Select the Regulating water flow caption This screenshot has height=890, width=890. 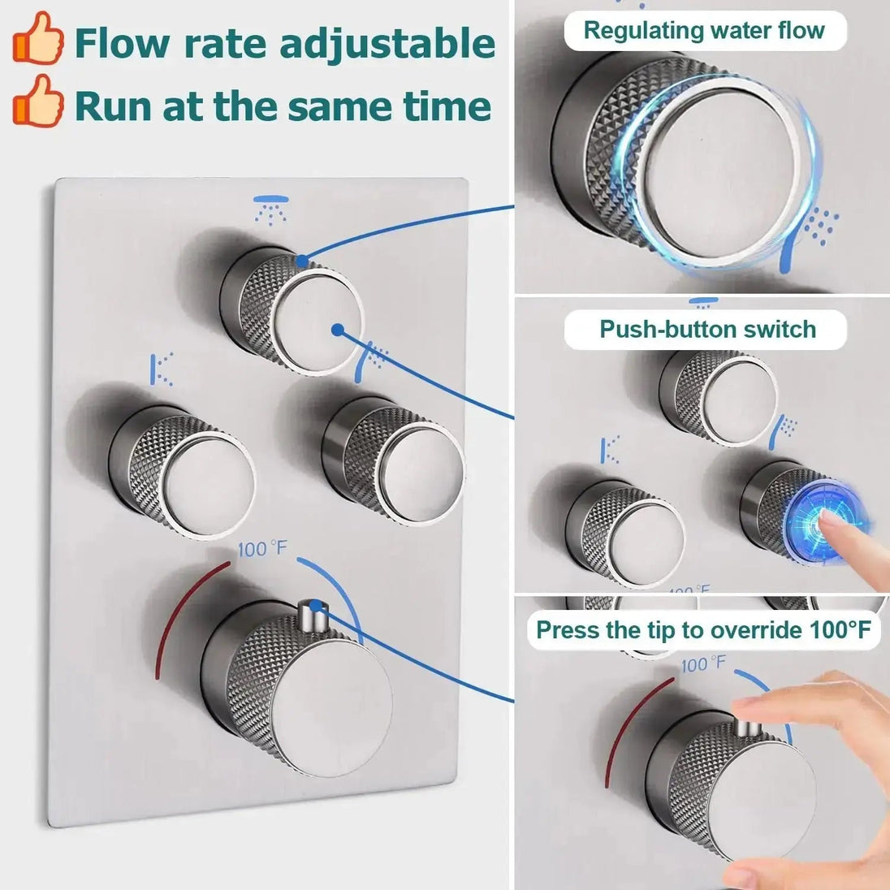(x=704, y=31)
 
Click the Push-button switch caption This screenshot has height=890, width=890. (x=706, y=329)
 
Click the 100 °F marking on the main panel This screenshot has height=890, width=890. (x=262, y=549)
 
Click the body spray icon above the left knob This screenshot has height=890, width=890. (x=163, y=369)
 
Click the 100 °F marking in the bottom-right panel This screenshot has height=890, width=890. (x=703, y=664)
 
